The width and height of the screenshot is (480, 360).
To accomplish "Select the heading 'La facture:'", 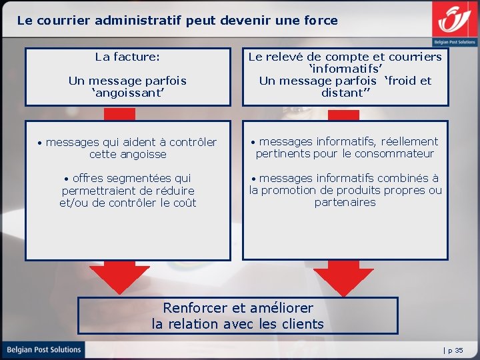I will click(127, 57).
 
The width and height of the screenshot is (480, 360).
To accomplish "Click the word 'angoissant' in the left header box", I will click(127, 93).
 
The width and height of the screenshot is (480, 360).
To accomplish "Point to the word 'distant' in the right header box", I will click(343, 93).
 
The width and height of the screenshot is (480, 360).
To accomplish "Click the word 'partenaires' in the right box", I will click(345, 202).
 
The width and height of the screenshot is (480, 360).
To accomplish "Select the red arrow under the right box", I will click(344, 276).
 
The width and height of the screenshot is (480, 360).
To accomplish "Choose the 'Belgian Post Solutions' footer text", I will click(44, 349).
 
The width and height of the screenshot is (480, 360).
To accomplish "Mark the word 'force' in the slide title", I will click(321, 20).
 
